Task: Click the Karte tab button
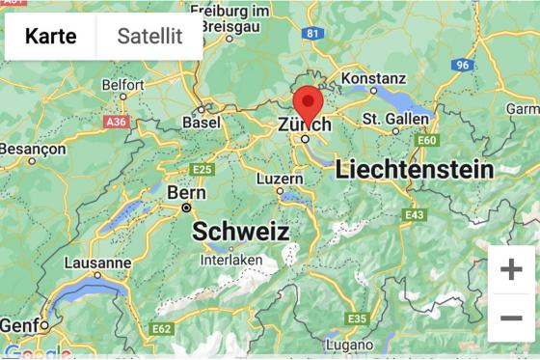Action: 51,37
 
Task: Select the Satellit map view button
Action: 149,37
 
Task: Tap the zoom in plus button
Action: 510,269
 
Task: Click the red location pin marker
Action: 308,102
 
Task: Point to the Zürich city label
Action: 304,125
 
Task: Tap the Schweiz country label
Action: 240,232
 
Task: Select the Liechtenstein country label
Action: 414,171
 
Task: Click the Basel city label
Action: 201,123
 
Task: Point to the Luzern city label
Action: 280,179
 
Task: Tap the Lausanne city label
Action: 97,263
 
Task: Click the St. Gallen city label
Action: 395,119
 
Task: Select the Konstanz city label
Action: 373,78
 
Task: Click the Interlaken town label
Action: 231,261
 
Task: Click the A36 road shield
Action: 116,123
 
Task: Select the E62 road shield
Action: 161,329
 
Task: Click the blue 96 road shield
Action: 464,65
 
